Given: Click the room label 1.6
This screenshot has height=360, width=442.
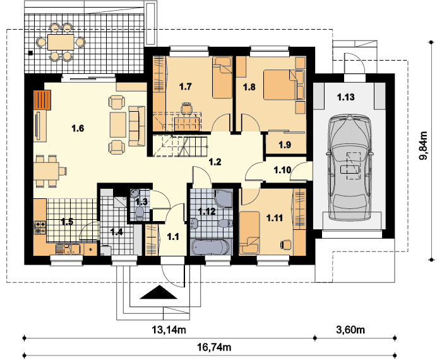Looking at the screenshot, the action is (78, 129).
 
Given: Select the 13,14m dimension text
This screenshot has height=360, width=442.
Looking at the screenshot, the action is (169, 329).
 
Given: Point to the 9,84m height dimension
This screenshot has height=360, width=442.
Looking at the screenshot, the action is (423, 145).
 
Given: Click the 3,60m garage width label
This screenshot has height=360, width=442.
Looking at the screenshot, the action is (350, 329).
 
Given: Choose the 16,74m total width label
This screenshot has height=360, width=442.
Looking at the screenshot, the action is (213, 347).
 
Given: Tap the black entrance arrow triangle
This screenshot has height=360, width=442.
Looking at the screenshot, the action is (158, 292).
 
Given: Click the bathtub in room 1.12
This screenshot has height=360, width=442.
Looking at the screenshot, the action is (211, 247).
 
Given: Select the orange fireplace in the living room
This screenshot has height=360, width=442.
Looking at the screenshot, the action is (42, 100).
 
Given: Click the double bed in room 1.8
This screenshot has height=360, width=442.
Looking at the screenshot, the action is (284, 85).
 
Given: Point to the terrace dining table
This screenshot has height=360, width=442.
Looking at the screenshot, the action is (61, 42).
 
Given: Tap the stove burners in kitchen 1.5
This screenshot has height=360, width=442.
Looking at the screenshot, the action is (40, 227).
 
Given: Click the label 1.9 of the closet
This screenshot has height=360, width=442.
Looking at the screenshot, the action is (285, 145).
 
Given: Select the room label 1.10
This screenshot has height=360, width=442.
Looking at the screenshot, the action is (282, 170).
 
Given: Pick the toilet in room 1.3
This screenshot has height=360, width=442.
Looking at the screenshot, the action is (139, 213).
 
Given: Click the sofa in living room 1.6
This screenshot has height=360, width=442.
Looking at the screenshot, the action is (137, 126).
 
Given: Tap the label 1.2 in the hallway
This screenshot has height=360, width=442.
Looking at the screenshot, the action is (215, 162).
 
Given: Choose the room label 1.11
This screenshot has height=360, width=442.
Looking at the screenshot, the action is (275, 218).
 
